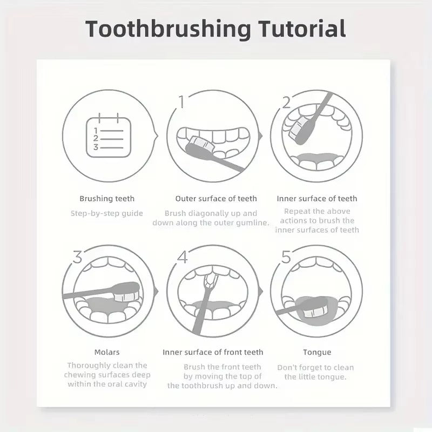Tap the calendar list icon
[x=109, y=137]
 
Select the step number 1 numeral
[x=182, y=101]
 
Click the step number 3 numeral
[x=77, y=257]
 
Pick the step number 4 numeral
[x=182, y=257]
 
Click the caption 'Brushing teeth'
[x=107, y=199]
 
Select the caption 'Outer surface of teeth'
[x=216, y=199]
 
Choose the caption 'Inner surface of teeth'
[x=317, y=199]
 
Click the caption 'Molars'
[x=107, y=352]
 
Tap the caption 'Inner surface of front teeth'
[x=213, y=352]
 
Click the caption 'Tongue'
[x=317, y=352]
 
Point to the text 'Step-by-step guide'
[x=107, y=213]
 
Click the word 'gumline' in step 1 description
[x=250, y=223]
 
